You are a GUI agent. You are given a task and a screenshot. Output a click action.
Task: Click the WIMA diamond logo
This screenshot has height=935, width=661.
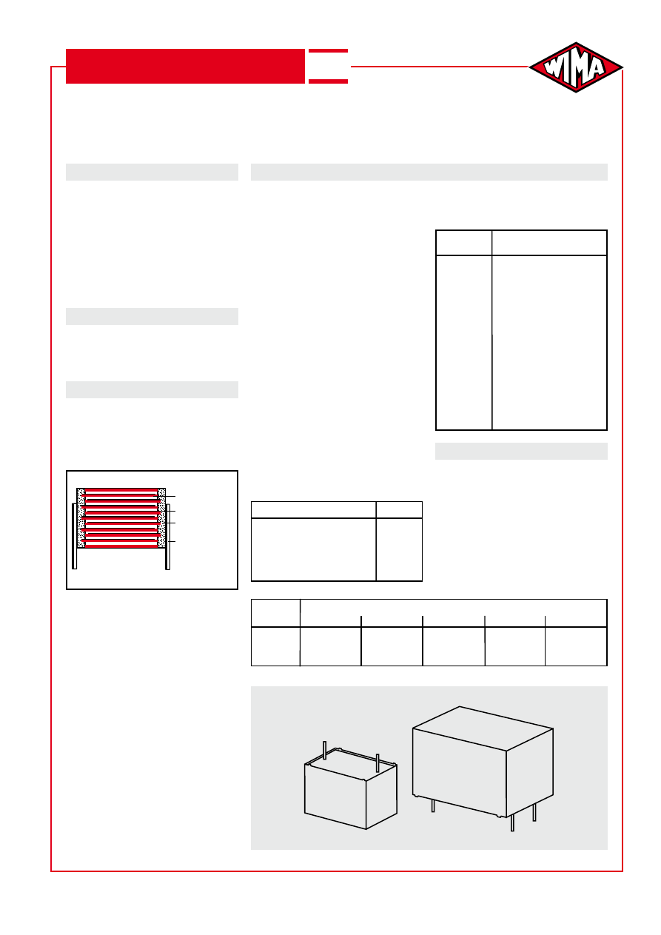[x=576, y=67]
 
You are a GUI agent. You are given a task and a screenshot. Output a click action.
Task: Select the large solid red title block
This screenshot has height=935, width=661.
[x=185, y=67]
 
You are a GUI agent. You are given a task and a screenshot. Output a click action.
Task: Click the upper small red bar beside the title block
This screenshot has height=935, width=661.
[x=328, y=51]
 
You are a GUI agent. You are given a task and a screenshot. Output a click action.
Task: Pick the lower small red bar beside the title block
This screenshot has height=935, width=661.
[x=328, y=81]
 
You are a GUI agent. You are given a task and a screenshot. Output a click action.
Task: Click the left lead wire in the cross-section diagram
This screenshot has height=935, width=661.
[x=74, y=536]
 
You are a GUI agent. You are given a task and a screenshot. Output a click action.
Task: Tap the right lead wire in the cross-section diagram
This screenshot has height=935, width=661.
[x=168, y=537]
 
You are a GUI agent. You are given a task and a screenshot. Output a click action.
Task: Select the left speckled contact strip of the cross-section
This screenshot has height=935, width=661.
[x=81, y=517]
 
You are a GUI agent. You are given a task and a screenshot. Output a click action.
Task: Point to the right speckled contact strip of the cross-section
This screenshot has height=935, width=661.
[x=161, y=517]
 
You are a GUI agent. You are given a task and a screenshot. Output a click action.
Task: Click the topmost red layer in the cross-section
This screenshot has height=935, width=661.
[x=121, y=491]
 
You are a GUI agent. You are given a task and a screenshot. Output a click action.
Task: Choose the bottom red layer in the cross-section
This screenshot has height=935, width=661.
[x=121, y=545]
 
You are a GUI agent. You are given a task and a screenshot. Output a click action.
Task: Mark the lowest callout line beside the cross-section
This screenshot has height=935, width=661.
[x=171, y=541]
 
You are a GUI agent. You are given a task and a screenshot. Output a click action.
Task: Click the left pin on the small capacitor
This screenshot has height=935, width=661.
[x=325, y=751]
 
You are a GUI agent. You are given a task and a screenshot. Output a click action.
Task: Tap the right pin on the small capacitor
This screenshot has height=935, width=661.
[x=378, y=763]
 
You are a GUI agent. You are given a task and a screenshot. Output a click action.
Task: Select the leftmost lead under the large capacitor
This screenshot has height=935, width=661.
[x=433, y=805]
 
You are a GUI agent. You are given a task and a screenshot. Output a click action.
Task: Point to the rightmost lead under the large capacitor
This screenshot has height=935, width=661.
[x=534, y=812]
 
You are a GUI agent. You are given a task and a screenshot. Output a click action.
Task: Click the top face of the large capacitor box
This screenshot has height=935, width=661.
[x=483, y=728]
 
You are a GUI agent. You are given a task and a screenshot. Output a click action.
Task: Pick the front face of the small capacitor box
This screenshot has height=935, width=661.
[x=335, y=797]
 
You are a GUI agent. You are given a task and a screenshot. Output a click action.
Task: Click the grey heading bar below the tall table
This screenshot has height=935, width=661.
[x=521, y=452]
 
